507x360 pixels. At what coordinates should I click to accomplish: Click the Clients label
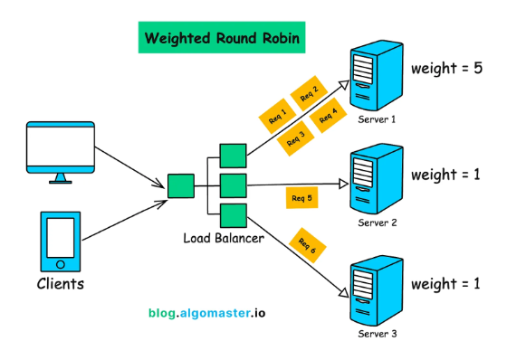coord(61,284)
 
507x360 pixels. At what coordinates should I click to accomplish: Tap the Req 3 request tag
coord(296,137)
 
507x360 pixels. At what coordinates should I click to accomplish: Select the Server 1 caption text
coord(378,119)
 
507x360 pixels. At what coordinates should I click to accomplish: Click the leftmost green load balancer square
coord(180,185)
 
